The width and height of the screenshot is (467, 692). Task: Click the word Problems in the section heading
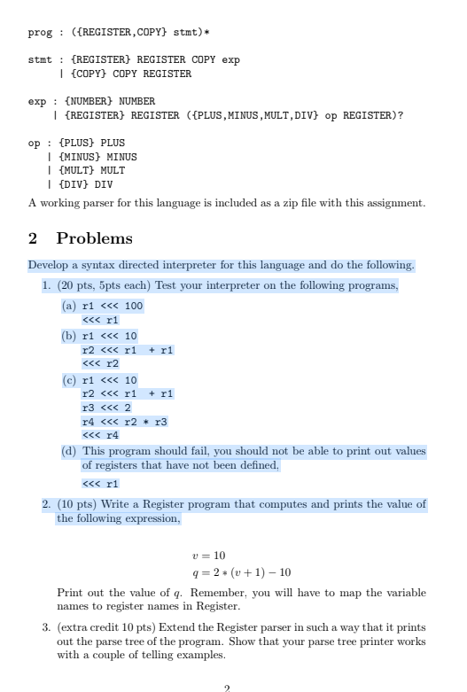click(95, 238)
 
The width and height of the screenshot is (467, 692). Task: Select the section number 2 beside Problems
click(34, 238)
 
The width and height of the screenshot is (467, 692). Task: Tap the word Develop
click(49, 265)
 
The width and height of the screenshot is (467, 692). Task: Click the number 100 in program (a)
click(134, 307)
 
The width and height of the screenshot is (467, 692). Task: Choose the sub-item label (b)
click(68, 337)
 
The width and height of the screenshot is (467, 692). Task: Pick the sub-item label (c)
click(68, 379)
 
